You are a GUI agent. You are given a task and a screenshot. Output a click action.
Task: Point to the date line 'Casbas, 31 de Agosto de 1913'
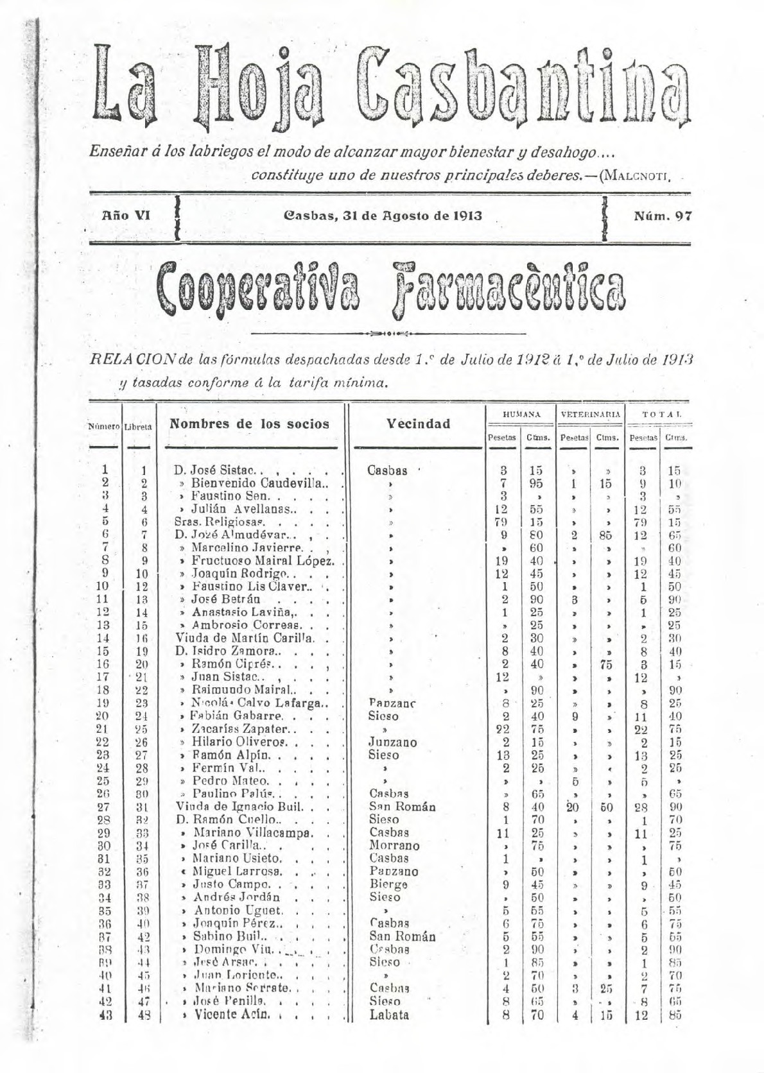click(x=383, y=216)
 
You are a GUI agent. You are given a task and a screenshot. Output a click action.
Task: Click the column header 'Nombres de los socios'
click(x=249, y=424)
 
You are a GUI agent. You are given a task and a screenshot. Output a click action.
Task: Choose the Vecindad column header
click(x=418, y=424)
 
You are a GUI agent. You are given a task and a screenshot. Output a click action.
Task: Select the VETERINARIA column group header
click(x=591, y=415)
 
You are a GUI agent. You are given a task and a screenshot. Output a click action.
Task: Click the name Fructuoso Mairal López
click(x=263, y=561)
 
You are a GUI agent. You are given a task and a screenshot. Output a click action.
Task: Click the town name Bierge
click(x=388, y=884)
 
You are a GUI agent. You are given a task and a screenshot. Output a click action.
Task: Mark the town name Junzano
click(x=393, y=742)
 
